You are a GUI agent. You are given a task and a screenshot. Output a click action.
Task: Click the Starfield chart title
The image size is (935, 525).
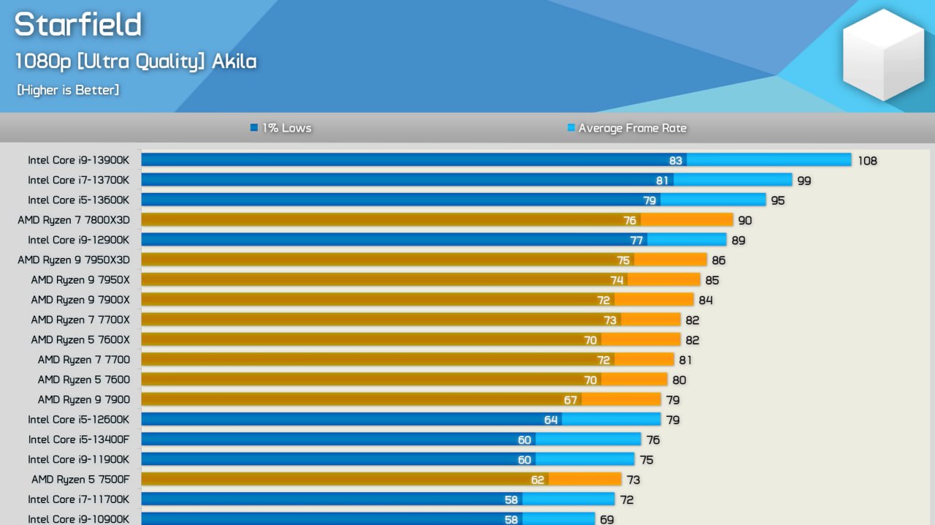[77, 26]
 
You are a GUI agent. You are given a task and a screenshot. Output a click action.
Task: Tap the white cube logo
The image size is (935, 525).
[884, 55]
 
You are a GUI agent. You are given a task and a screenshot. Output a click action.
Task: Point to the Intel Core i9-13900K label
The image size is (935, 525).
[79, 160]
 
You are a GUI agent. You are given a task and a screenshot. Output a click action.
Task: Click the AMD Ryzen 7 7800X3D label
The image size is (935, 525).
[74, 219]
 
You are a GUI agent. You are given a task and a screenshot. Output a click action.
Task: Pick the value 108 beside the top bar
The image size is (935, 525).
[867, 161]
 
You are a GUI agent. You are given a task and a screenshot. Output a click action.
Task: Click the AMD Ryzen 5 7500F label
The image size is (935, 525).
[80, 480]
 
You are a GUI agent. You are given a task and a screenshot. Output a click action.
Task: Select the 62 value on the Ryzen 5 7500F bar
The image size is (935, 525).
[538, 480]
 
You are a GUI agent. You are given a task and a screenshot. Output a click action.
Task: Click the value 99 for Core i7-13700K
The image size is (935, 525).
[804, 181]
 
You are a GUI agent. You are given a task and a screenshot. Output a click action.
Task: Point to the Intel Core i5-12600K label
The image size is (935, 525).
[79, 420]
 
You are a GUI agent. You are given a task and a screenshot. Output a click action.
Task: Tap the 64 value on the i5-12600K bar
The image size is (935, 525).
[551, 420]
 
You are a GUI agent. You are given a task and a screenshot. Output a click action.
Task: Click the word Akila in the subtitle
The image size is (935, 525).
[234, 61]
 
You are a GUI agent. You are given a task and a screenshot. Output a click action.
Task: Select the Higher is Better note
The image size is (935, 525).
[68, 90]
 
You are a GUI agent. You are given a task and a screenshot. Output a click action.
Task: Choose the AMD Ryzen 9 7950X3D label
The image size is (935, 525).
[74, 260]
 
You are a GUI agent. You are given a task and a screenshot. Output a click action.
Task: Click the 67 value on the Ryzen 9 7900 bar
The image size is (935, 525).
[570, 400]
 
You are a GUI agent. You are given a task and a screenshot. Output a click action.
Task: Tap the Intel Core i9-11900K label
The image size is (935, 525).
[79, 459]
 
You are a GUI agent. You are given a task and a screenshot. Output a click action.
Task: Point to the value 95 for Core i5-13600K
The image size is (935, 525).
[778, 200]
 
